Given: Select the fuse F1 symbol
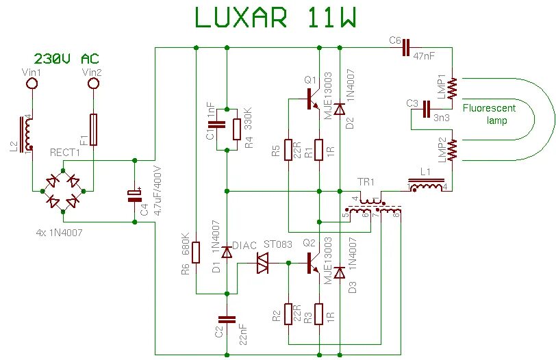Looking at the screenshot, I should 94,130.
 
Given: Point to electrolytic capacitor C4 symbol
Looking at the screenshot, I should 134,196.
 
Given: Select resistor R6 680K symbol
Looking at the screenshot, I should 197,252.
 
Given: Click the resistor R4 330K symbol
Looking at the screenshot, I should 236,128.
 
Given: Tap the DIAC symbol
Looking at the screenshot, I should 262,263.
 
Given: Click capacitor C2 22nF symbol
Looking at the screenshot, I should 226,319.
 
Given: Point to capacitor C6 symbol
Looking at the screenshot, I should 405,47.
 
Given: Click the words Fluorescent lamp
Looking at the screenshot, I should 488,114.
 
